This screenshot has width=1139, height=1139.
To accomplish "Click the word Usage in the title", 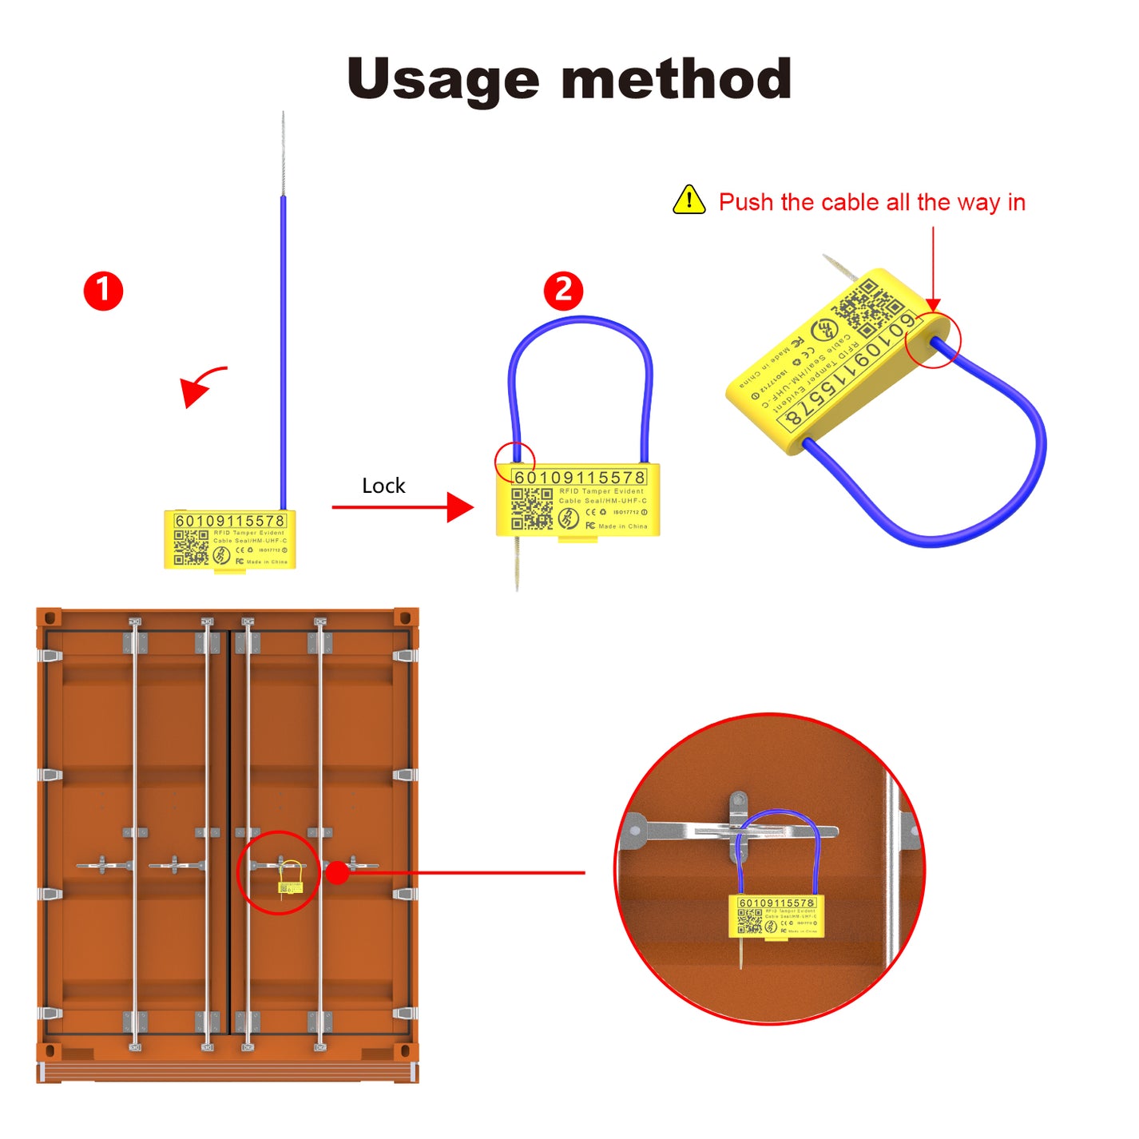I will (443, 80).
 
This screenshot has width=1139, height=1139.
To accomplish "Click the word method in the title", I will (677, 80).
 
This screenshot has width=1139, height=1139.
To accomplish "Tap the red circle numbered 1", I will (104, 291).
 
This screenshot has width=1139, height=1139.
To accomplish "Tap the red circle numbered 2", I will (563, 291).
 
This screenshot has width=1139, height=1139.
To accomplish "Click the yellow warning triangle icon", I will (689, 200).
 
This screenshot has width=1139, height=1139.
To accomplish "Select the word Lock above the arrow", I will (383, 486).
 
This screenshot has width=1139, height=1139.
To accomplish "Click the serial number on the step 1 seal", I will (229, 521).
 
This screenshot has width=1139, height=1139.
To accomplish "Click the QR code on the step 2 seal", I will (531, 509).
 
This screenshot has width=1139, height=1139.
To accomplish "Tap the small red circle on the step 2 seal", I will (514, 461).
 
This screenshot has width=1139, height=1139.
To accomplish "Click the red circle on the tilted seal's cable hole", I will (933, 341).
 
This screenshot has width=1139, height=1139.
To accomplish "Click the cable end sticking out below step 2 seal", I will (517, 563).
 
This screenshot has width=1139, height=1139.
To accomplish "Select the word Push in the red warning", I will (746, 202).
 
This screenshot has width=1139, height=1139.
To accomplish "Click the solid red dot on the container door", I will (338, 872).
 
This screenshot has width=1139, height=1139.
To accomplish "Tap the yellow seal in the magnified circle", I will (776, 916).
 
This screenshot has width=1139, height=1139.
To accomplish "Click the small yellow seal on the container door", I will (290, 887).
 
